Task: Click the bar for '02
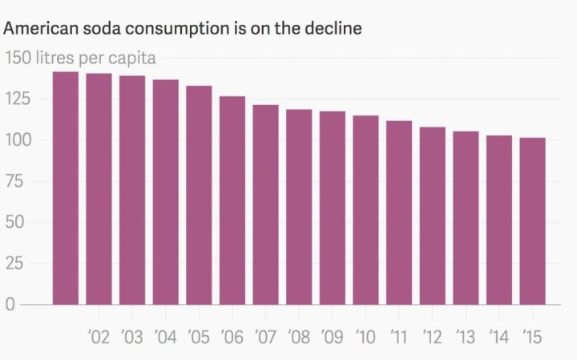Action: (99, 189)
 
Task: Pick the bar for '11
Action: (399, 212)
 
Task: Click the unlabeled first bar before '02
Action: (65, 188)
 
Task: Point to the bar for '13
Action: (466, 218)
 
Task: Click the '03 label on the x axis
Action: (131, 337)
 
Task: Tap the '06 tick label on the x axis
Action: (232, 337)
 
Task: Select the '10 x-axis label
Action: (365, 337)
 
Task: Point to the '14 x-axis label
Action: (498, 337)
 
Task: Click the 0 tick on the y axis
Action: (11, 305)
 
